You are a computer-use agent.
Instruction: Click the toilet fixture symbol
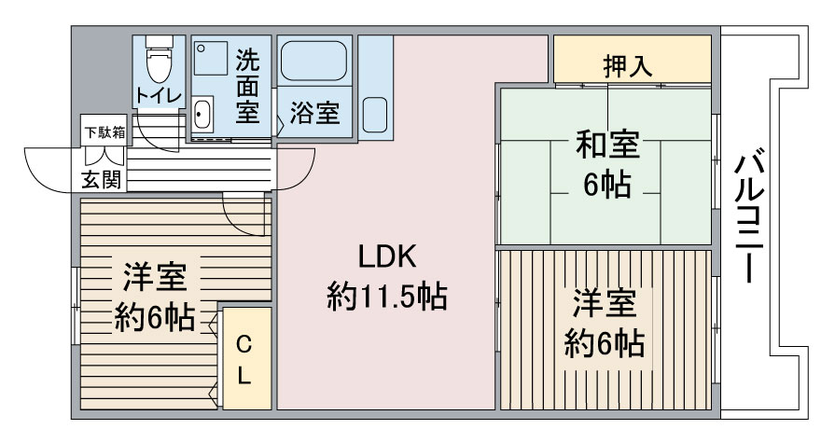pos(158,61)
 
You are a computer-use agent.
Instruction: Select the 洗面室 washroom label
pos(247,87)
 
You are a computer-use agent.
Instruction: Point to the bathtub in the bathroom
pos(314,62)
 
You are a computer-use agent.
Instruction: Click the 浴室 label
pos(313,114)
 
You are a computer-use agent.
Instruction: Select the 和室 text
pos(606,147)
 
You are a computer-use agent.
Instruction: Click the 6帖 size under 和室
pos(606,186)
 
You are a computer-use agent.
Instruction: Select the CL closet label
pos(244,360)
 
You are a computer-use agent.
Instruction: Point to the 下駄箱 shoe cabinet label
pos(104,131)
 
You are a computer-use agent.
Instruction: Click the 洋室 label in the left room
pos(154,277)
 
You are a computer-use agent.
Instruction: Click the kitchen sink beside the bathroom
pos(376,115)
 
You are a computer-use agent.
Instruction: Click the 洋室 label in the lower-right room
pos(605,305)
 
